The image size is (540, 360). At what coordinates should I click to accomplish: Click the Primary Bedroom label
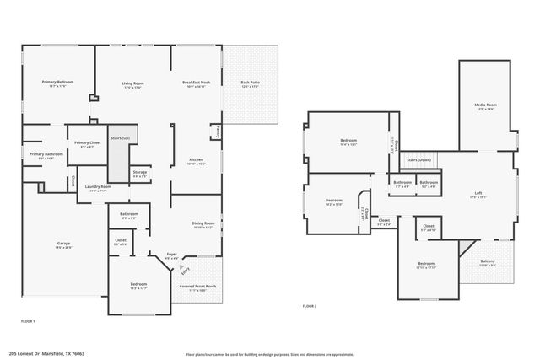[x=58, y=82]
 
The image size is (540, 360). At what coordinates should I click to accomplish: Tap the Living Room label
[x=132, y=83]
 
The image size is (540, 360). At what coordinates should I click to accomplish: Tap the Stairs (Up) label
[x=120, y=137]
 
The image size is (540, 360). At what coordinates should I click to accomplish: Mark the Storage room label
[x=140, y=172]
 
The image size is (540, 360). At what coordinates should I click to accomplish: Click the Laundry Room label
[x=99, y=187]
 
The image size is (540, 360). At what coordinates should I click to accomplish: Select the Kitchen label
[x=196, y=159]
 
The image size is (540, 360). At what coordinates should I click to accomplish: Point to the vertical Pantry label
[x=218, y=132]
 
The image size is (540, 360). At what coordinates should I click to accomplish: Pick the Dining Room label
[x=203, y=223]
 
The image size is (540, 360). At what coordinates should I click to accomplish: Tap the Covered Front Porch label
[x=197, y=287]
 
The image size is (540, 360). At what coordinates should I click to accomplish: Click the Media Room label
[x=485, y=105]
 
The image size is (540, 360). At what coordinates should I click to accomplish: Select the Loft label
[x=478, y=193]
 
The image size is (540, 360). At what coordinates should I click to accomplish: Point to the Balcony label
[x=488, y=261]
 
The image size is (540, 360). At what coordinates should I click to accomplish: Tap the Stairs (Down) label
[x=419, y=159]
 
